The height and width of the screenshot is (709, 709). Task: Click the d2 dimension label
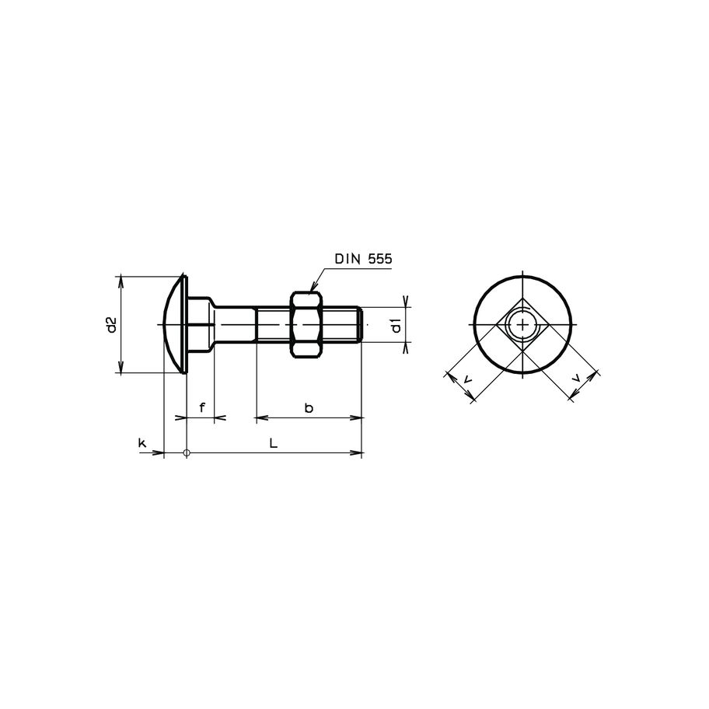pos(111,324)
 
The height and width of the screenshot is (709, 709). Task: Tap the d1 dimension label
pos(396,325)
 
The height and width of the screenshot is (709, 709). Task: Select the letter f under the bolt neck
pos(202,407)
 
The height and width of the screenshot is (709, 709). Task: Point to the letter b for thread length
pos(309,407)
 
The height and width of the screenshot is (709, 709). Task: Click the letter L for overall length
pos(272,442)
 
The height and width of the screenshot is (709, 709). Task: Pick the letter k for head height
pos(142,442)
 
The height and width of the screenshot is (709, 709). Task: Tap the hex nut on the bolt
pos(307,324)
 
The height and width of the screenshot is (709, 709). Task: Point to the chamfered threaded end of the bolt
pos(360,324)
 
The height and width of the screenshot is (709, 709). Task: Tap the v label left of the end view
pos(466,379)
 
